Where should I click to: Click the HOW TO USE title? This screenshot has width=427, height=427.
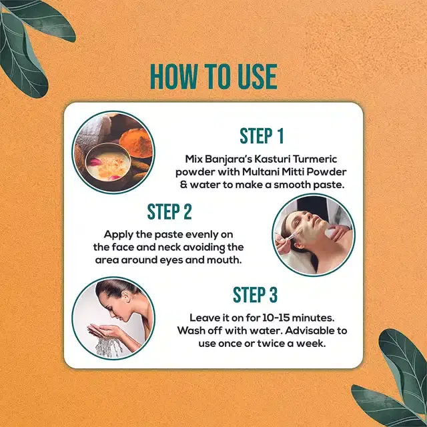[x=213, y=77]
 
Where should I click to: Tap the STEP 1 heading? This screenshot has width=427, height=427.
[x=262, y=136]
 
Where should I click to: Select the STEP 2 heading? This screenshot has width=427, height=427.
[x=169, y=212]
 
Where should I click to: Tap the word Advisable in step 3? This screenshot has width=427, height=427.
[x=303, y=331]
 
